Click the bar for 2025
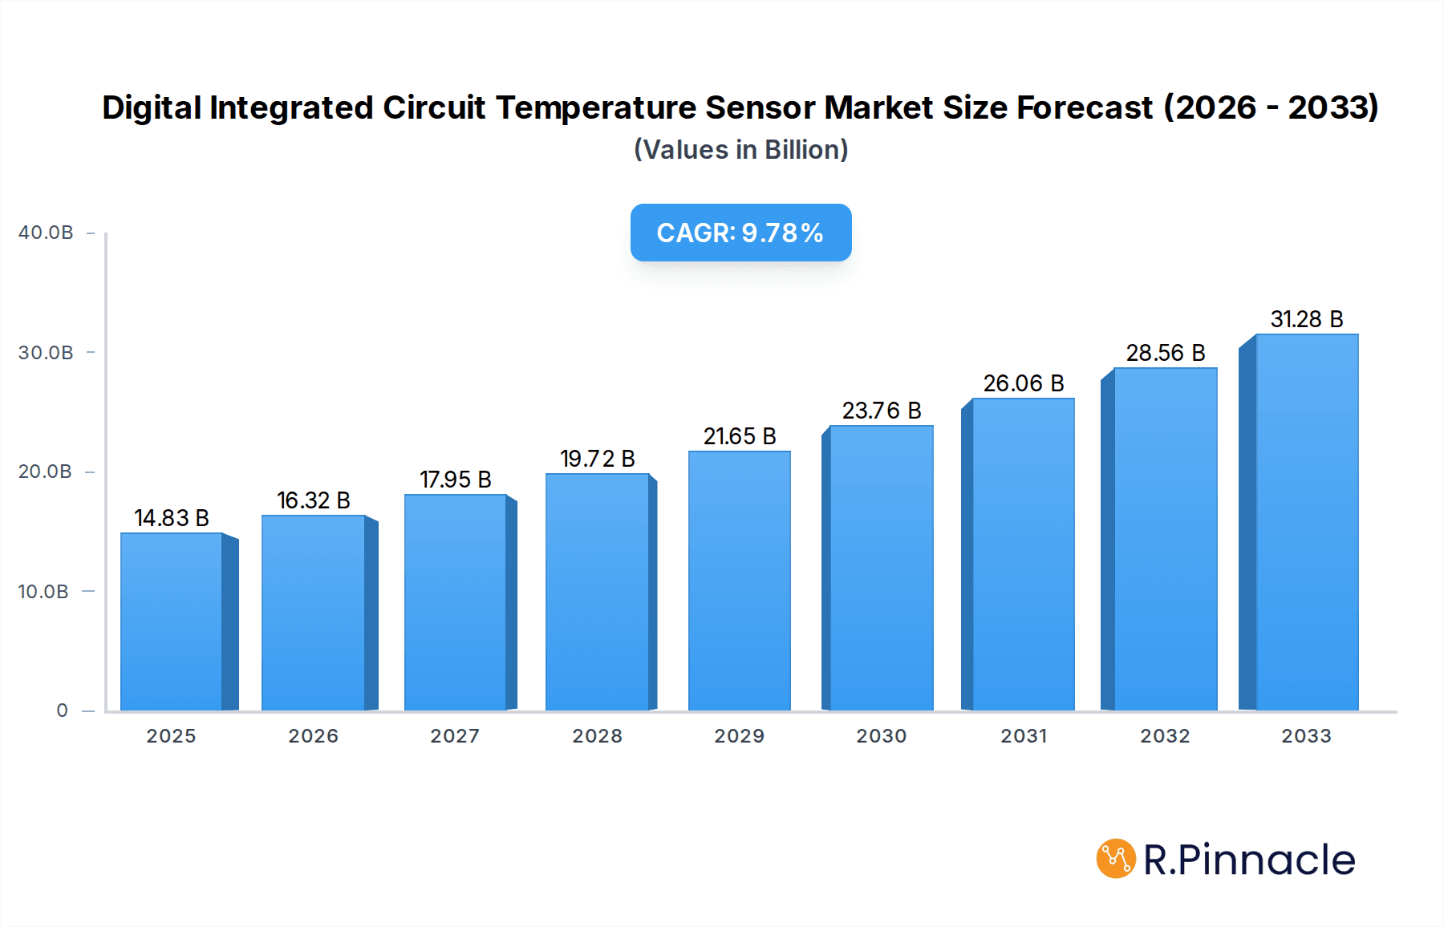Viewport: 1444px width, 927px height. click(x=171, y=621)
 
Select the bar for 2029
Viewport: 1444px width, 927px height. click(x=739, y=581)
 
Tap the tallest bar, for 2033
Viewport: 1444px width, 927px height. click(x=1307, y=522)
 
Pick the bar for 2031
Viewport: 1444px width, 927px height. click(x=1023, y=554)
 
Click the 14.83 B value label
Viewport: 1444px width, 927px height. click(x=171, y=518)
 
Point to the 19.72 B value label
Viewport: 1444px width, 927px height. click(x=597, y=459)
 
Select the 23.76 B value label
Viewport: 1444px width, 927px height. click(x=881, y=411)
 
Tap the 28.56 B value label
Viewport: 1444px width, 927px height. click(x=1165, y=353)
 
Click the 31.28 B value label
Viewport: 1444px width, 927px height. click(x=1306, y=319)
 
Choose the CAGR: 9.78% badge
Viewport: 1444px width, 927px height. click(x=740, y=233)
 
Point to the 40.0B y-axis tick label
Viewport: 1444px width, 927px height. click(x=46, y=233)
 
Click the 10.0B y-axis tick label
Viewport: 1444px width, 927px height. click(x=43, y=592)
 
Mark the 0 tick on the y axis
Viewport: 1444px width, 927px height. click(x=62, y=710)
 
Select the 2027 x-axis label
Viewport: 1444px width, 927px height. click(x=455, y=736)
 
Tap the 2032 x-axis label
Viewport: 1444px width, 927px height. click(x=1165, y=736)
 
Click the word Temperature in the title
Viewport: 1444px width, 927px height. click(x=595, y=108)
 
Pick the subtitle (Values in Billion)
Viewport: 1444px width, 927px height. click(x=740, y=150)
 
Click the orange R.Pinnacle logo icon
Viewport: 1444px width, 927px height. click(x=1116, y=859)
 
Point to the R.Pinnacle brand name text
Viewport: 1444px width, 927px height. click(x=1249, y=860)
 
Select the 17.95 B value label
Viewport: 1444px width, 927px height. click(x=455, y=480)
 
